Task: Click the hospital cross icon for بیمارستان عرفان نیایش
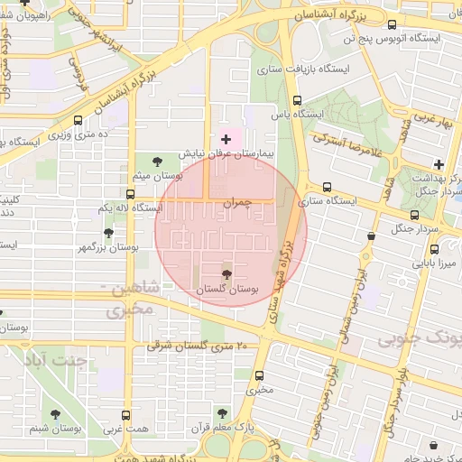tap(226, 139)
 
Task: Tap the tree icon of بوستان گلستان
tap(226, 273)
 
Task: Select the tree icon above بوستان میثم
tap(158, 162)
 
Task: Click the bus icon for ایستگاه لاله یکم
tap(131, 194)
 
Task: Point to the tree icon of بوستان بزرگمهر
tap(108, 233)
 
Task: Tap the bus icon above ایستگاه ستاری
tap(327, 187)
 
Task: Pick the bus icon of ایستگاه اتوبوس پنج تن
tap(392, 25)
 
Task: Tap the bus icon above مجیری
tap(260, 376)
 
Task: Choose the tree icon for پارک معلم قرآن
tap(222, 413)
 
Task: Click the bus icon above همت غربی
tap(125, 415)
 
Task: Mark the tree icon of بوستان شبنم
tap(57, 414)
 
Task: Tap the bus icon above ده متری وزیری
tap(79, 119)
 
